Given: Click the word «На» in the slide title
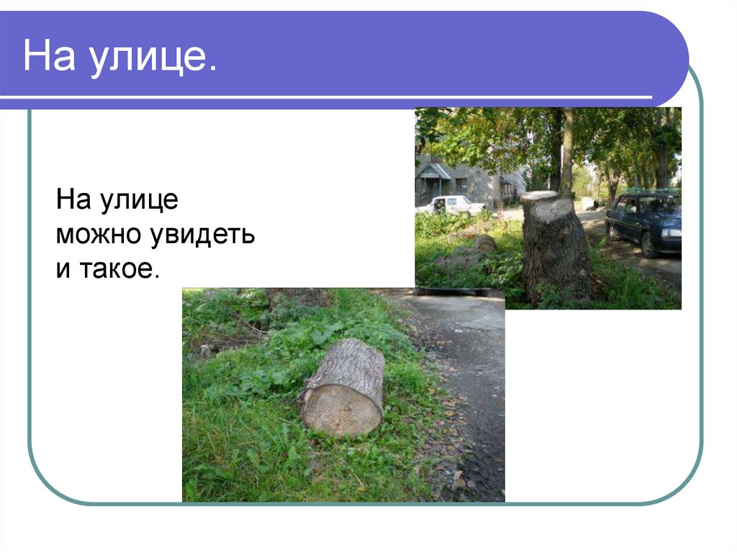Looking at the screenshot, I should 50,58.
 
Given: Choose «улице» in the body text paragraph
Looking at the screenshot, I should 141,200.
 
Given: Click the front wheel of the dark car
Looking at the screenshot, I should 648,245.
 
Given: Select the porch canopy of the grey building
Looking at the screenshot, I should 434,171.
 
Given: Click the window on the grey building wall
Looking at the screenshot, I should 461,185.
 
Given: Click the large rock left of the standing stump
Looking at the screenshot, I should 484,244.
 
